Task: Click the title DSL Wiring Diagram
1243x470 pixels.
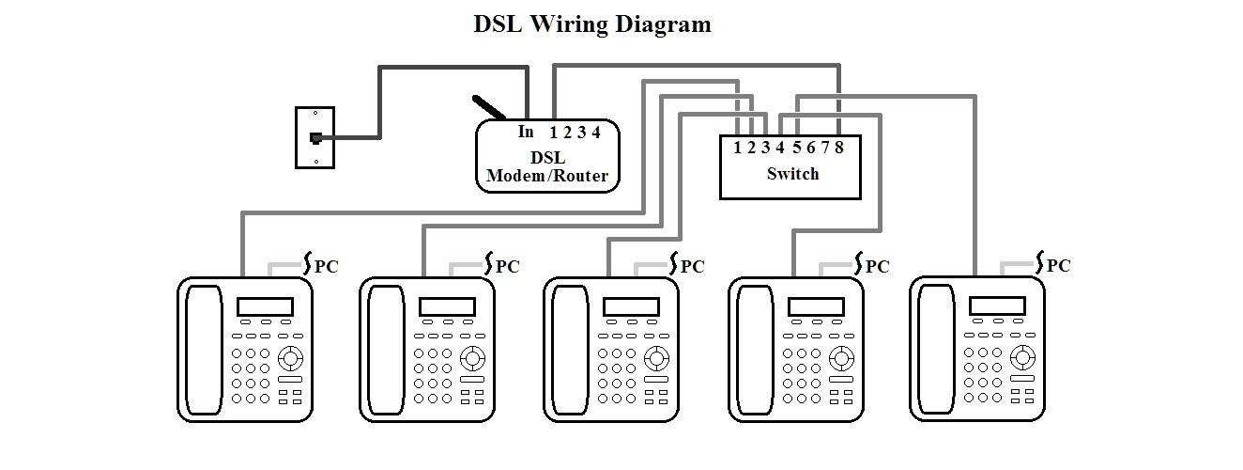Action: click(x=592, y=24)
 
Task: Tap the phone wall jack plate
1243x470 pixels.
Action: click(x=315, y=138)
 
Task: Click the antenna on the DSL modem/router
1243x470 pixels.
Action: click(x=489, y=108)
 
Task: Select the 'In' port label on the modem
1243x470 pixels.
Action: click(x=526, y=132)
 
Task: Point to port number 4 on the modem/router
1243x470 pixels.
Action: click(x=596, y=133)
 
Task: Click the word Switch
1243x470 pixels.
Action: click(x=793, y=174)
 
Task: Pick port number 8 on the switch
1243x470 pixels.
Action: click(x=839, y=148)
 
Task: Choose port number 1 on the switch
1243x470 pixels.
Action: click(x=738, y=148)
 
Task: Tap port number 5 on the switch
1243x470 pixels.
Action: click(x=797, y=148)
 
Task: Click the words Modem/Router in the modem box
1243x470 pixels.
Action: click(x=547, y=176)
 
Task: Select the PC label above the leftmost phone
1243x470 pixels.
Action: click(x=327, y=267)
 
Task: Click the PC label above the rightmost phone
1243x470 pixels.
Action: click(x=1058, y=266)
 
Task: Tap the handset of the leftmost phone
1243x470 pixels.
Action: click(x=205, y=350)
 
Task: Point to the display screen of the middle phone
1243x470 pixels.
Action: click(x=632, y=306)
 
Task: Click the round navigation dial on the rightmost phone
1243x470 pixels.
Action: click(x=1022, y=357)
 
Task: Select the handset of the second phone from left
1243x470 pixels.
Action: click(x=386, y=350)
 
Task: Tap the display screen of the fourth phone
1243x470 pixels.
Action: click(x=816, y=306)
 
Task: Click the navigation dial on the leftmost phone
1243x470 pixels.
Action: click(x=290, y=358)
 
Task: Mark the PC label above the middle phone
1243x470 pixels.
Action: click(x=693, y=267)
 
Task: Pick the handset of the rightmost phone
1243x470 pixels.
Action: click(x=936, y=349)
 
